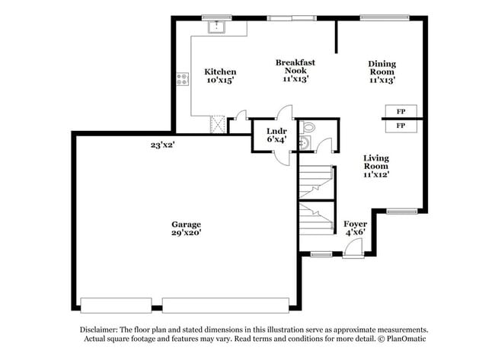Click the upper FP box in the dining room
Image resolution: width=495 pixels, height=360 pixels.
tap(401, 111)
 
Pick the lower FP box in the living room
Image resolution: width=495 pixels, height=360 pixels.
tap(401, 125)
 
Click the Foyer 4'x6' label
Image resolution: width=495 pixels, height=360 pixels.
tap(355, 228)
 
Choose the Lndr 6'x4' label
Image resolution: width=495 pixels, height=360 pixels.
tap(276, 135)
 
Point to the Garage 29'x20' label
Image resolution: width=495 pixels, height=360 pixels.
tap(185, 228)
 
